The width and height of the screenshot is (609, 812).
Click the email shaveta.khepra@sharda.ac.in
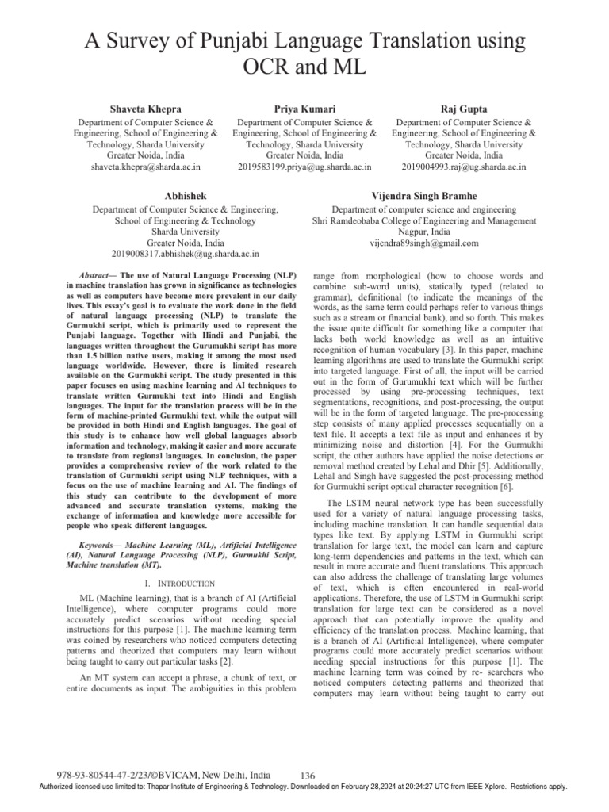coord(145,167)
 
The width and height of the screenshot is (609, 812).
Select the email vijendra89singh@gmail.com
coord(424,243)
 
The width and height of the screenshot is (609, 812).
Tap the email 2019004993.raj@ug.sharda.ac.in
coord(463,167)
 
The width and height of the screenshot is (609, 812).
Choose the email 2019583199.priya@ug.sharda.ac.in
coord(304,167)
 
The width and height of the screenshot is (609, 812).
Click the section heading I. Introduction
coord(186,584)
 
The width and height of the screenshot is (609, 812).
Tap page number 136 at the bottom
coord(310,775)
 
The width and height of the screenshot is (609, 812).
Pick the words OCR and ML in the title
coord(304,68)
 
